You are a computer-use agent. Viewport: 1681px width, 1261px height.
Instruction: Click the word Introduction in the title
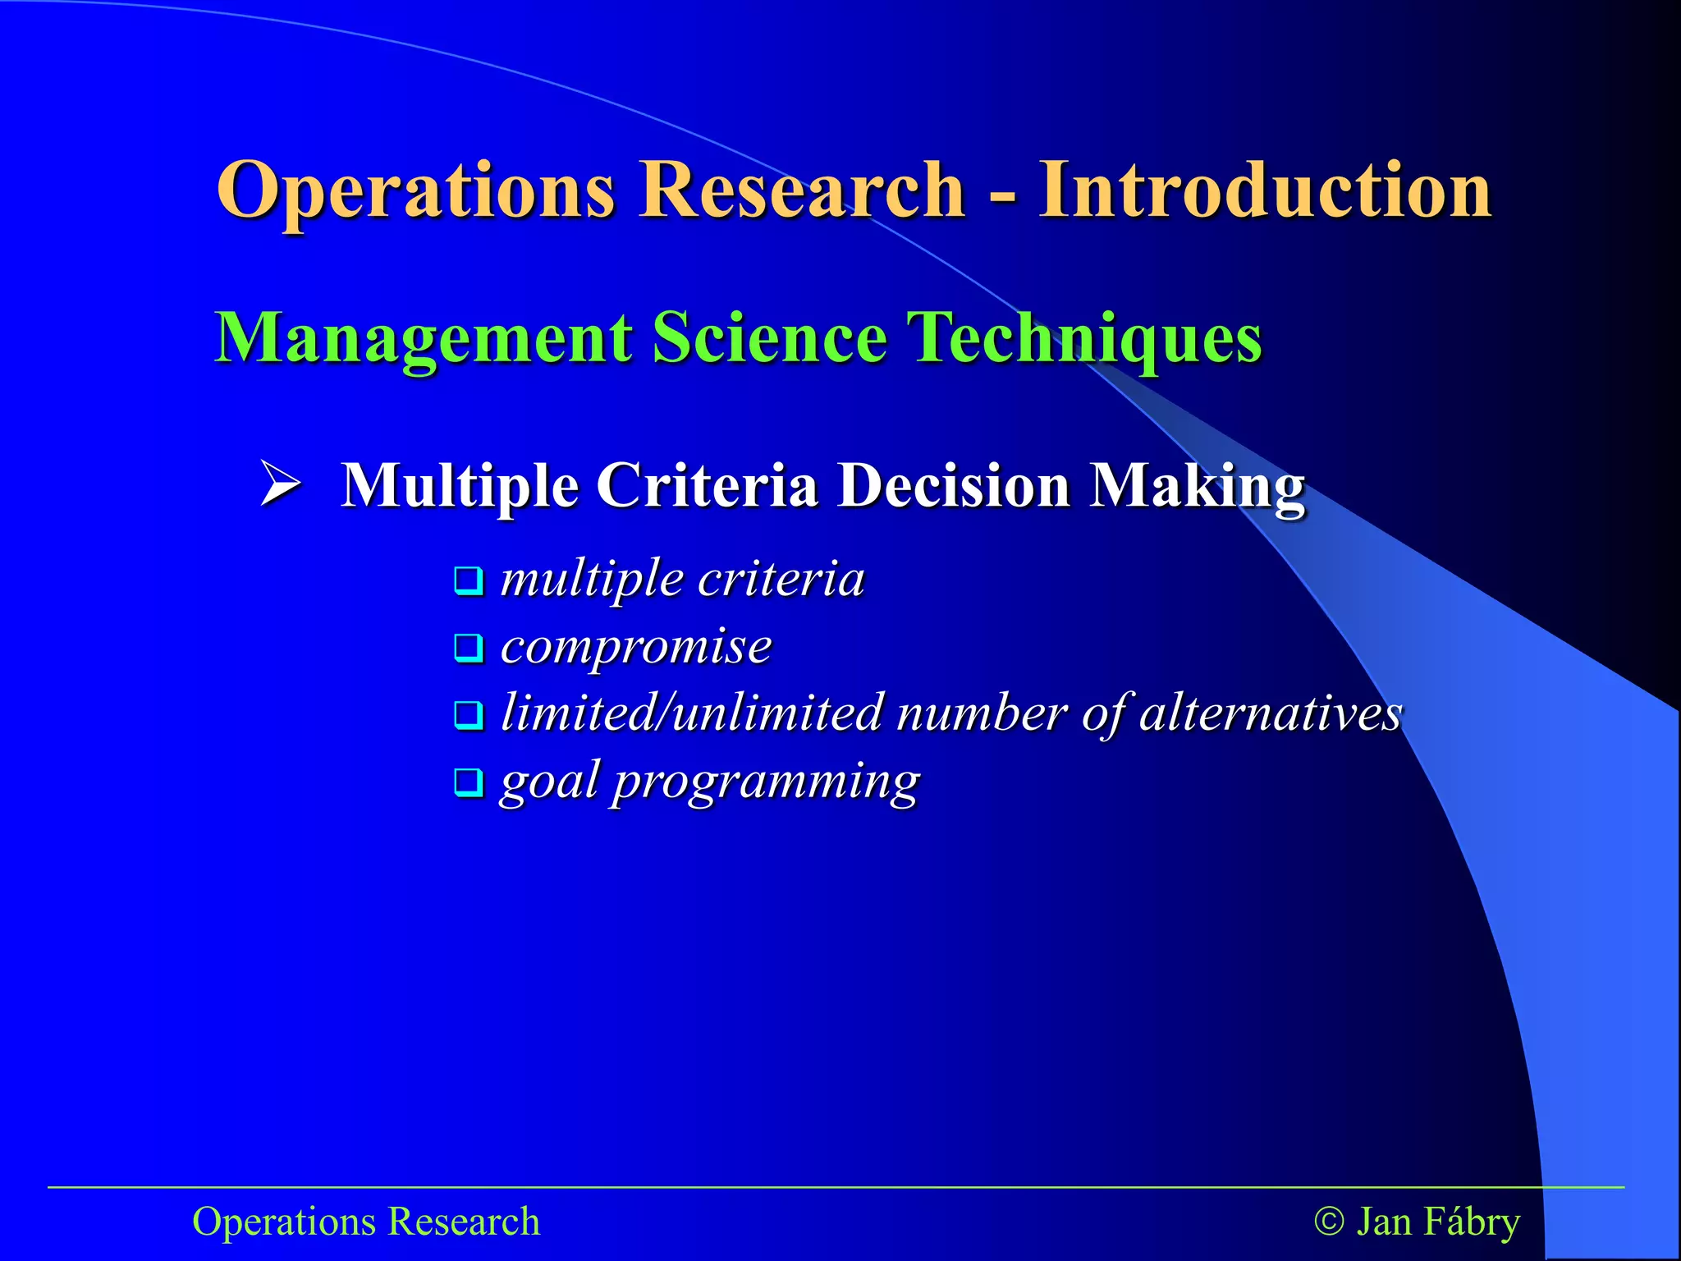click(x=1265, y=190)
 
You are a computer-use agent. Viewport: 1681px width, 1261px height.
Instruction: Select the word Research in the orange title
click(x=802, y=190)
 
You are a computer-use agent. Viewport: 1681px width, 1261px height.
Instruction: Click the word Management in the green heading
click(x=424, y=338)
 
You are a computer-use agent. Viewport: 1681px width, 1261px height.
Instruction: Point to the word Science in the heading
click(x=770, y=338)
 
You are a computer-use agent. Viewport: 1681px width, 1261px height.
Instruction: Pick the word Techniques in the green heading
click(x=1084, y=338)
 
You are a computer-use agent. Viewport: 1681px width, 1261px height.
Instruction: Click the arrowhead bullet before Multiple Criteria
click(x=280, y=483)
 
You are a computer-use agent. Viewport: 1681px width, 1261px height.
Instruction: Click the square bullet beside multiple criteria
click(x=469, y=581)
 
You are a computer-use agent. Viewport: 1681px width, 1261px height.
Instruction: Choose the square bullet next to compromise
click(x=469, y=649)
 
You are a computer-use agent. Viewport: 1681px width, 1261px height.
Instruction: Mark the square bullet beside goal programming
click(x=469, y=782)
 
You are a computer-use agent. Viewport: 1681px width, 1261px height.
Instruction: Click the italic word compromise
click(x=636, y=647)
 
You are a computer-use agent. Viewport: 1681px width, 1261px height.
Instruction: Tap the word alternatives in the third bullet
click(x=1271, y=713)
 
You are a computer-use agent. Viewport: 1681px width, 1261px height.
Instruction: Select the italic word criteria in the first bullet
click(x=781, y=580)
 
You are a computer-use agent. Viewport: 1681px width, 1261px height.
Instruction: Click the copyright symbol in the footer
click(x=1329, y=1221)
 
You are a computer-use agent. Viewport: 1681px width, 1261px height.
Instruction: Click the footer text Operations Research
click(x=366, y=1221)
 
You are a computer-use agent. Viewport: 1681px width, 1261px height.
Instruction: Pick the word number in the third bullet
click(x=982, y=713)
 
